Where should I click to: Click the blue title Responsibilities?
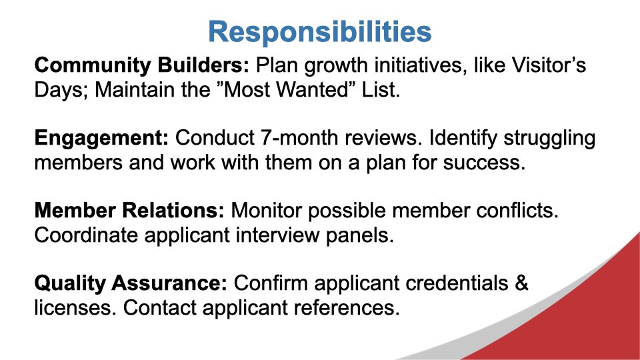pyautogui.click(x=319, y=32)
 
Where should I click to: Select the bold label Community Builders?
pyautogui.click(x=141, y=65)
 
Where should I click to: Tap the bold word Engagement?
pyautogui.click(x=101, y=139)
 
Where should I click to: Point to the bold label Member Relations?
pyautogui.click(x=129, y=211)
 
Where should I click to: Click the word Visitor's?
pyautogui.click(x=549, y=65)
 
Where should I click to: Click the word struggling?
pyautogui.click(x=549, y=139)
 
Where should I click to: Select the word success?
pyautogui.click(x=484, y=163)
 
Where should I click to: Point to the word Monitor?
pyautogui.click(x=266, y=211)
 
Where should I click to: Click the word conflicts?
pyautogui.click(x=517, y=211)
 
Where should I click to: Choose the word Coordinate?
pyautogui.click(x=86, y=235)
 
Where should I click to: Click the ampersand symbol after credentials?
pyautogui.click(x=521, y=283)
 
